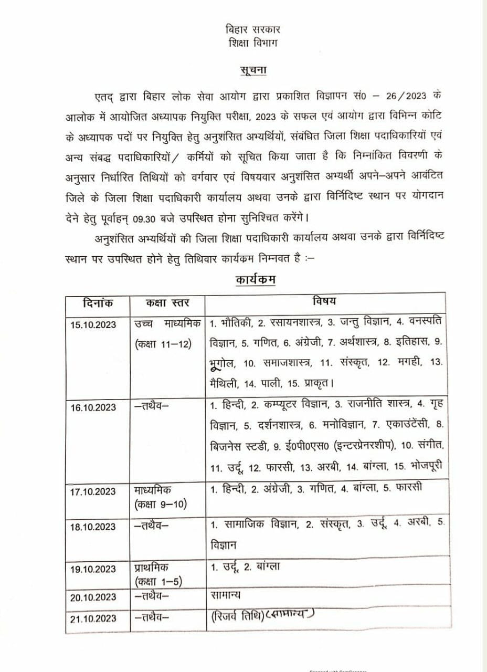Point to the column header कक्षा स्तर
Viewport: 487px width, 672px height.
pyautogui.click(x=167, y=303)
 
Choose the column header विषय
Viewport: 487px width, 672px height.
pyautogui.click(x=325, y=302)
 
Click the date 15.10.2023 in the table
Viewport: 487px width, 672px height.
pyautogui.click(x=93, y=324)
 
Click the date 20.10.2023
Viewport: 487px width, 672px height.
pyautogui.click(x=93, y=597)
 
